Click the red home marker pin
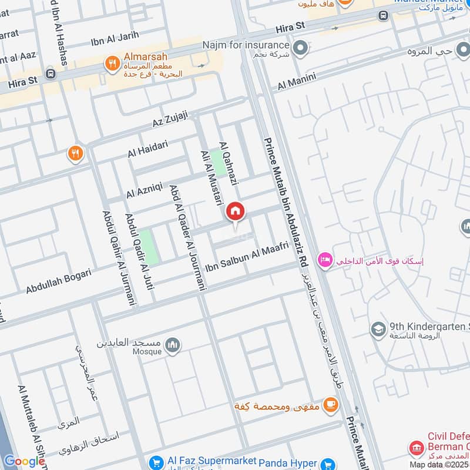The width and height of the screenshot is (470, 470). click(x=236, y=211)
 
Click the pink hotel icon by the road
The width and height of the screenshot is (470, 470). click(x=323, y=259)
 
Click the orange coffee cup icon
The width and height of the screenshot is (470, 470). click(x=331, y=404)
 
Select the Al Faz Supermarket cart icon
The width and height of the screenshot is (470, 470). click(x=156, y=463)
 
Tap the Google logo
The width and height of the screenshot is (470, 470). click(x=24, y=461)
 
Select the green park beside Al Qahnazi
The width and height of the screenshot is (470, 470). click(x=219, y=163)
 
